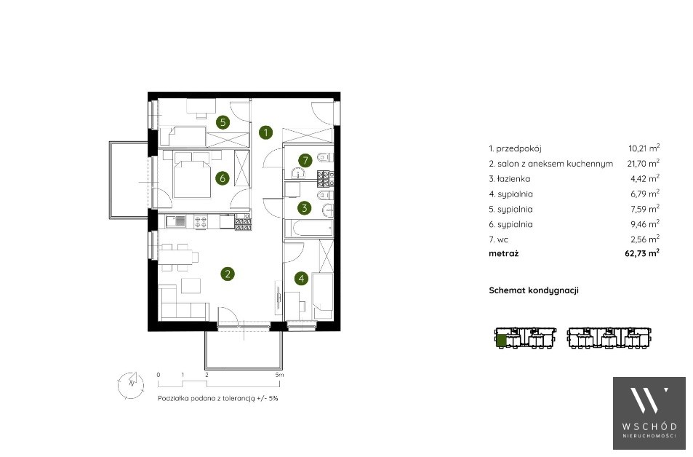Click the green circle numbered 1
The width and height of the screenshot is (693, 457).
(x=265, y=132)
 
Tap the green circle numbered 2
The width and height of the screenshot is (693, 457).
(x=227, y=274)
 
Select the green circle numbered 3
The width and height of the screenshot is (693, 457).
(x=305, y=208)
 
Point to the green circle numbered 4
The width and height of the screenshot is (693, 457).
(x=302, y=279)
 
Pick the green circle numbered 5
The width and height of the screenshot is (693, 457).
(x=223, y=122)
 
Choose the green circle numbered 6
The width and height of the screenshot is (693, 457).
(x=223, y=178)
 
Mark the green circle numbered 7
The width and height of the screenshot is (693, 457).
(x=305, y=160)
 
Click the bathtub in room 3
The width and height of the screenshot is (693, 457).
(x=307, y=228)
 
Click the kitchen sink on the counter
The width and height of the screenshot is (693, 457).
(x=175, y=220)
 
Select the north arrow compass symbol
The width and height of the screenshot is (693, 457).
(x=131, y=384)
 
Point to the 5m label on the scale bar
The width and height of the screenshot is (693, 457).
(x=279, y=375)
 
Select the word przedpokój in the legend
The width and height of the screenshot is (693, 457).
(x=519, y=149)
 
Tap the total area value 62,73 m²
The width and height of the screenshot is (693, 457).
(x=642, y=253)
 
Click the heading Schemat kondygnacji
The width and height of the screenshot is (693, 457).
(x=534, y=290)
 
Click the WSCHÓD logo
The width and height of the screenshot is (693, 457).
(x=649, y=413)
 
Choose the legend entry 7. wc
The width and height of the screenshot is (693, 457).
(x=499, y=239)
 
